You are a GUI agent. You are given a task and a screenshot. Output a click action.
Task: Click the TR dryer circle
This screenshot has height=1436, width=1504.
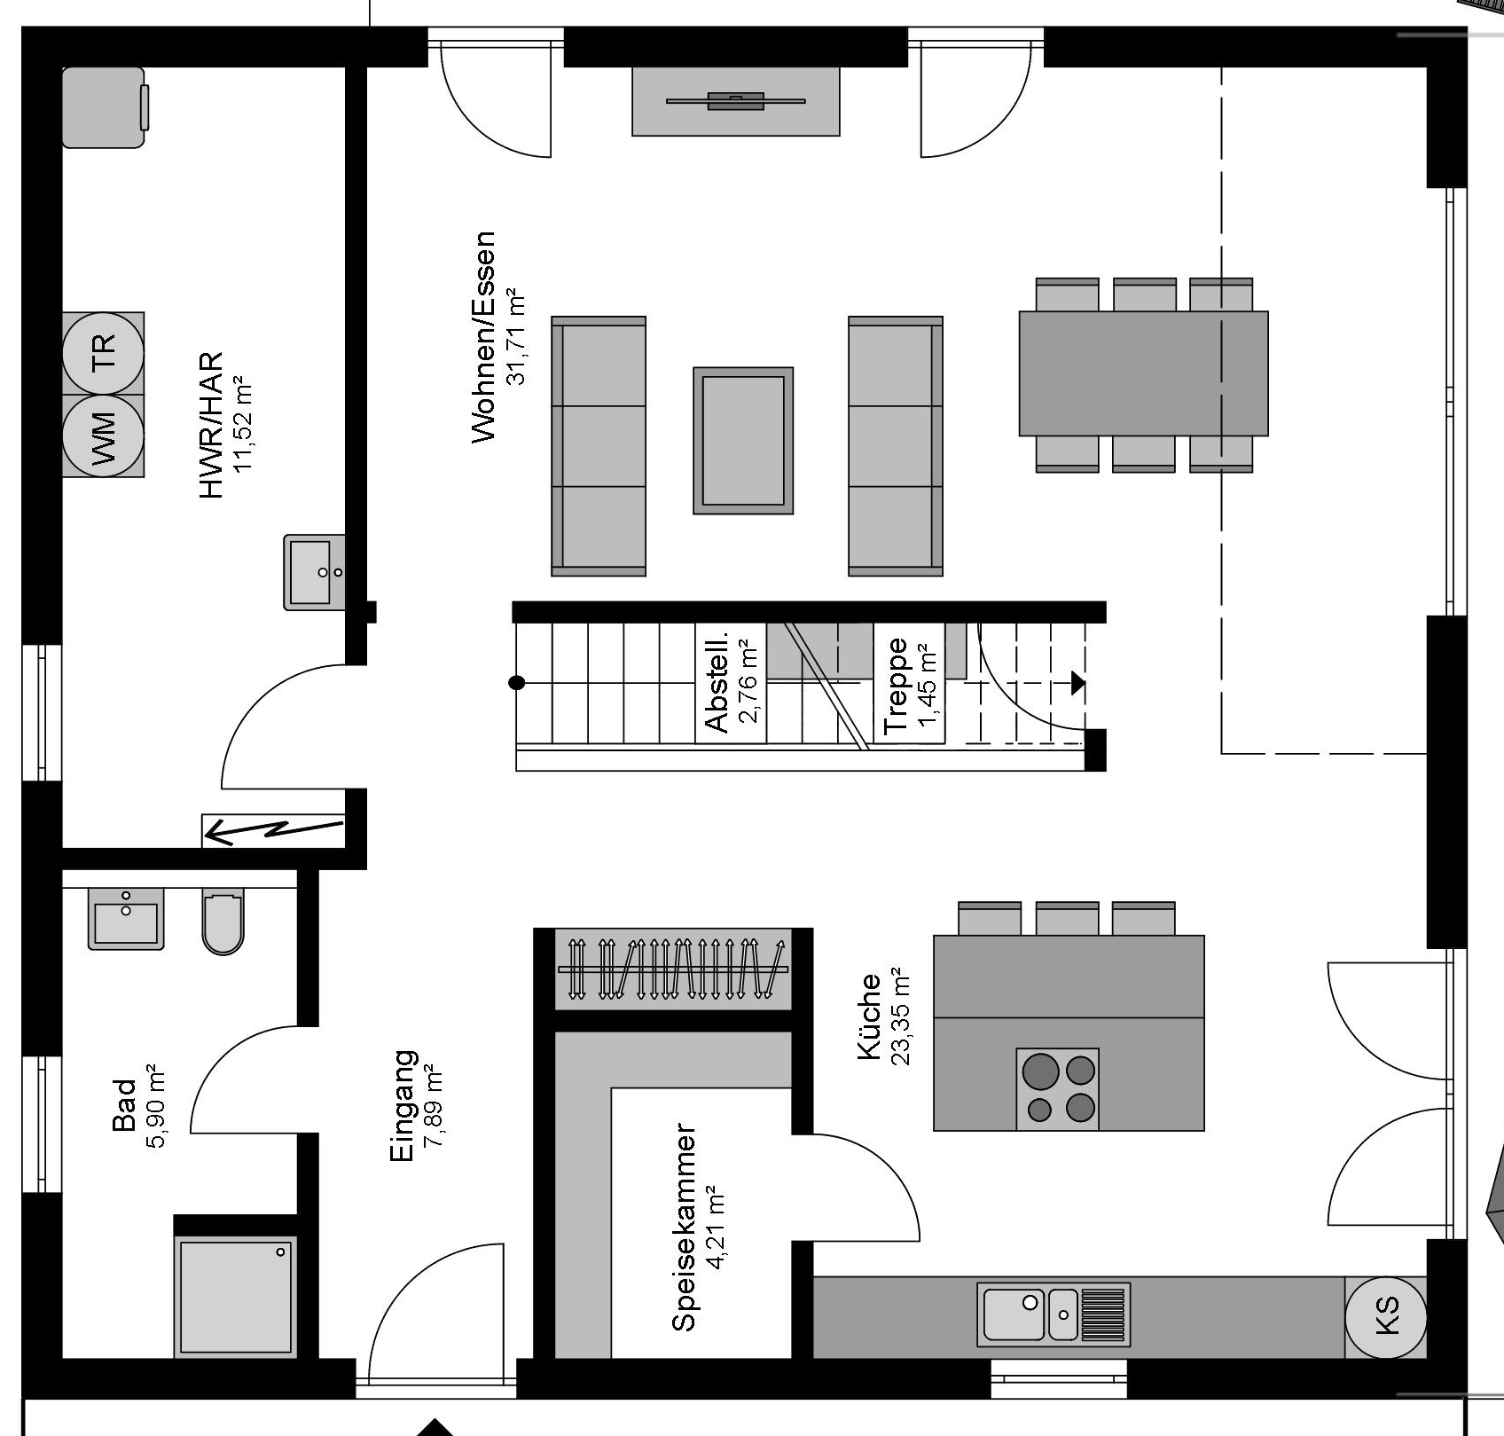103,352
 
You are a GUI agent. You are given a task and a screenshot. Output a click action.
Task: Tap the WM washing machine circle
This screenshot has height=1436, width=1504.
103,436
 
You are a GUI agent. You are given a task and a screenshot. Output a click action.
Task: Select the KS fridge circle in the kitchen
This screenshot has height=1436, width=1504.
1386,1316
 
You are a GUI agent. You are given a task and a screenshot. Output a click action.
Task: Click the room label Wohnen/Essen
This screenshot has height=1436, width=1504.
483,337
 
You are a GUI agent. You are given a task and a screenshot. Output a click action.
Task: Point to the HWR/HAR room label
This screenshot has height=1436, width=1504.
211,425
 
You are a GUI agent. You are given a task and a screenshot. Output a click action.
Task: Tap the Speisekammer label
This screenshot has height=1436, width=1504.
684,1228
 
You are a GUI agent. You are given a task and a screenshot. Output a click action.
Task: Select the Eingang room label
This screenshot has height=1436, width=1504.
403,1106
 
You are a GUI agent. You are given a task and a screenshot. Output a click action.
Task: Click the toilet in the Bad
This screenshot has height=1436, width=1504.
223,922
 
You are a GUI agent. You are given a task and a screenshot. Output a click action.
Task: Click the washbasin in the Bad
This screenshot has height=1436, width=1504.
126,919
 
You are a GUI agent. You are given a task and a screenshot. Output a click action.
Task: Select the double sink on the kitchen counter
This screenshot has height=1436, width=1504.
1054,1314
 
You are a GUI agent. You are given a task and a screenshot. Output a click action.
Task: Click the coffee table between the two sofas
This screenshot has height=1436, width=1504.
743,441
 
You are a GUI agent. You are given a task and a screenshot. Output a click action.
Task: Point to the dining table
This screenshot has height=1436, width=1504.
1143,373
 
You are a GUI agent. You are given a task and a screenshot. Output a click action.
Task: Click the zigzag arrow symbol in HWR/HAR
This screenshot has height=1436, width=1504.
273,830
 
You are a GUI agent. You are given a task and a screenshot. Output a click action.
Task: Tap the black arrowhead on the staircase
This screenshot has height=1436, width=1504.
1078,683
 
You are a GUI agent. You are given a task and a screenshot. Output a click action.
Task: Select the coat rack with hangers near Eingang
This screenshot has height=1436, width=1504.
672,969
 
